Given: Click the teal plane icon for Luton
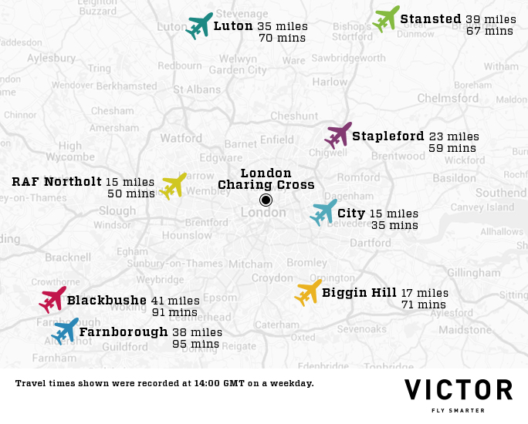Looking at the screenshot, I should point(199,26).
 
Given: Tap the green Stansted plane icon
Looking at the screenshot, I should point(386,19).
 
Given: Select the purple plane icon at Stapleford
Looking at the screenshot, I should point(338,136).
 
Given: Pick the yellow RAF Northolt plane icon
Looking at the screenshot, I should point(173,186).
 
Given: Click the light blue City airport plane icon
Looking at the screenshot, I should point(323,212).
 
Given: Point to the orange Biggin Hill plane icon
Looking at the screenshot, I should point(308,292).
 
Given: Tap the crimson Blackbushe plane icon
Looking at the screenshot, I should point(52,299).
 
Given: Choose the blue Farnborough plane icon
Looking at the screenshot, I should point(65,331).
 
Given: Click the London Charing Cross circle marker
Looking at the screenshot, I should point(266,200).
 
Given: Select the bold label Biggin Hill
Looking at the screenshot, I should point(359,293).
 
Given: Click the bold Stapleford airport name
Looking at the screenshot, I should point(388,136).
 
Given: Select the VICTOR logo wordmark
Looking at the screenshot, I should point(459,390).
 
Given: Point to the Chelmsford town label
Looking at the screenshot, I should point(448,99).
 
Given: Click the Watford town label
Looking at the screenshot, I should point(181,139).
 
